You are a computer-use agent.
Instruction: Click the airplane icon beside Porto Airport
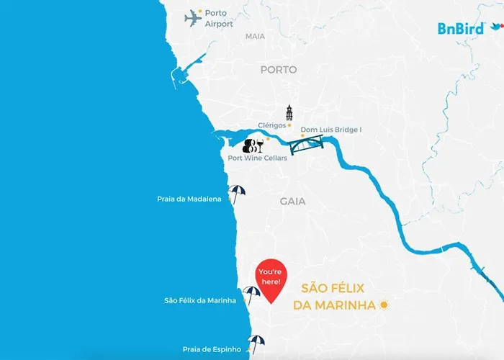[x=193, y=18]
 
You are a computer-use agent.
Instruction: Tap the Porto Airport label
[x=219, y=19]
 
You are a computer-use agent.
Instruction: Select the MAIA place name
[x=255, y=36]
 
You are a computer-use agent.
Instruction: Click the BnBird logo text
[x=461, y=29]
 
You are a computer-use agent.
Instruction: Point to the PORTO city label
[x=279, y=70]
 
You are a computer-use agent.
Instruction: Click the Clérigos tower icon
[x=289, y=113]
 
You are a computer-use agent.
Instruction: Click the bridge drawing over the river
[x=306, y=146]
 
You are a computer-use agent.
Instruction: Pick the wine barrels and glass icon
[x=253, y=145]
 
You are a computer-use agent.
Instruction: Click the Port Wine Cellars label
[x=257, y=158]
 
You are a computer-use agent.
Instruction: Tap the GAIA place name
[x=293, y=202]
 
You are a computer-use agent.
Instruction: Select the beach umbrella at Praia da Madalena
[x=236, y=193]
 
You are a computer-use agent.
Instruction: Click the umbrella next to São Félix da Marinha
[x=251, y=294]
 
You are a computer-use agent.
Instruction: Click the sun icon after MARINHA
[x=384, y=305]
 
